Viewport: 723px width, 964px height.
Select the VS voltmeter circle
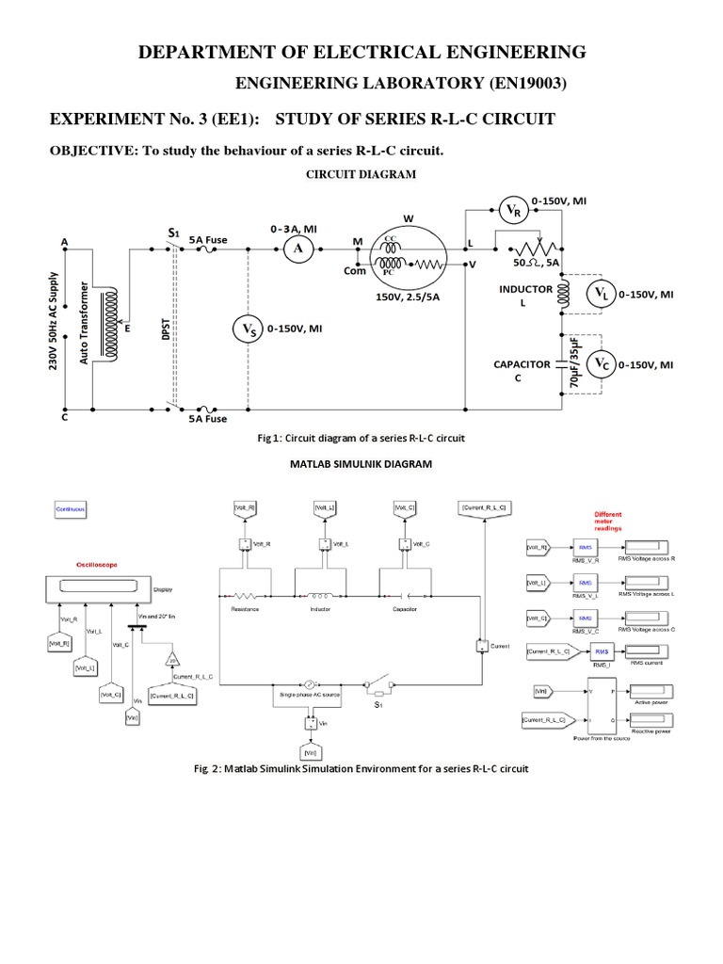coord(247,329)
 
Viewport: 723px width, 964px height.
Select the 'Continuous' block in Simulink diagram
coord(69,509)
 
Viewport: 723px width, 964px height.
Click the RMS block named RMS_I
coord(601,651)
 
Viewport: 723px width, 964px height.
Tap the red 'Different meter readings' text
coord(608,522)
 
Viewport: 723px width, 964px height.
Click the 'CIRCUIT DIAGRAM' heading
coord(361,174)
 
